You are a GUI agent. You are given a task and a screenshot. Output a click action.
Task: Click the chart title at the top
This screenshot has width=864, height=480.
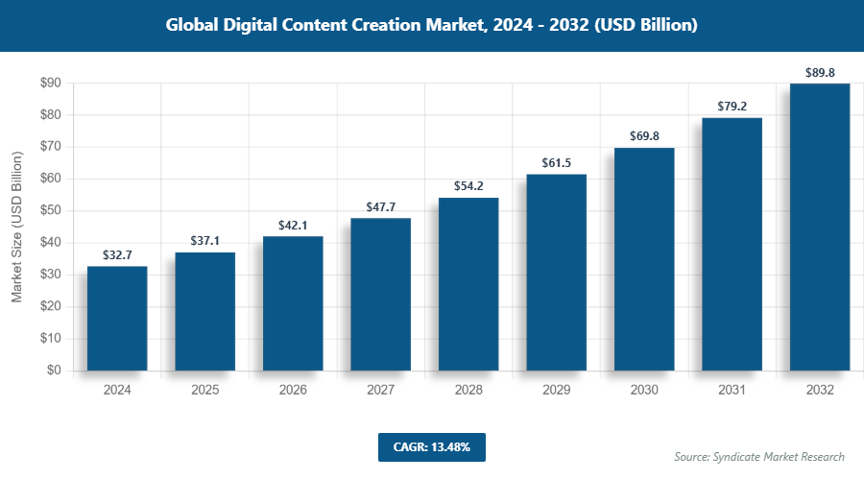tap(431, 25)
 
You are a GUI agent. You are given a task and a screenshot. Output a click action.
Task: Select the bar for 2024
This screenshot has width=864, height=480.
tap(117, 318)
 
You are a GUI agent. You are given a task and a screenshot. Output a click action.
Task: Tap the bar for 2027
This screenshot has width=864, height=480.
tap(380, 294)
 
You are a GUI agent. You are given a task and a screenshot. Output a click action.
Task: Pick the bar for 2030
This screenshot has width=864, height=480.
tap(644, 259)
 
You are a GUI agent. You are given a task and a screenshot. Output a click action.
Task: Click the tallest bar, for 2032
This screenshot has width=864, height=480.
tap(820, 227)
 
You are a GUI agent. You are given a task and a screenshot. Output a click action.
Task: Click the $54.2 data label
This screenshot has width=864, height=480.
tap(468, 186)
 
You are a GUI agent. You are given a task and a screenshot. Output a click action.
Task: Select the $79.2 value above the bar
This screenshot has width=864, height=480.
tap(732, 107)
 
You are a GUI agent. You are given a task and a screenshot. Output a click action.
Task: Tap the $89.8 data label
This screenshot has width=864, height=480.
tap(820, 72)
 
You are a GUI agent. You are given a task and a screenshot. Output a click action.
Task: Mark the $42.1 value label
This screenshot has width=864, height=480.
tap(293, 225)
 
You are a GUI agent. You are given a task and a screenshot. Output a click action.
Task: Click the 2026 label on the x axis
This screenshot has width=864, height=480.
tap(293, 391)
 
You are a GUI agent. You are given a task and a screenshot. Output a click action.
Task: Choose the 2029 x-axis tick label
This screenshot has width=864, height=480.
tap(556, 391)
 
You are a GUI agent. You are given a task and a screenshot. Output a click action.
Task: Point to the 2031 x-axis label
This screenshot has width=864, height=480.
tap(732, 391)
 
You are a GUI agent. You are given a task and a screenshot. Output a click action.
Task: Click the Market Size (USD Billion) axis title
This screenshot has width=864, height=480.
tap(17, 227)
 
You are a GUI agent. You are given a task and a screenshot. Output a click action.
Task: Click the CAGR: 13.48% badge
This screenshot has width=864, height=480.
tap(431, 447)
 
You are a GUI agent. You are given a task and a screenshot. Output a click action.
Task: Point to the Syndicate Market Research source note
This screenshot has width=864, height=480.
tap(759, 457)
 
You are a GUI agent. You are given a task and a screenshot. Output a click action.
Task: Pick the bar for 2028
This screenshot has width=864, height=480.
tap(468, 284)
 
